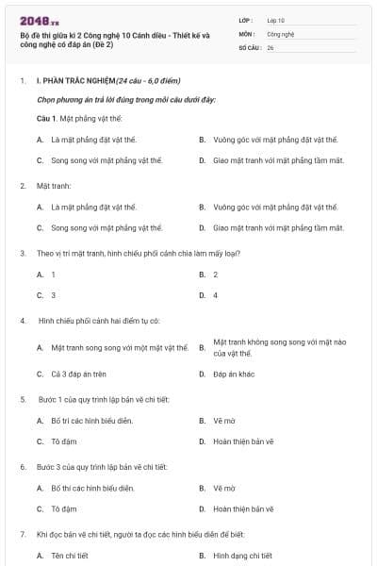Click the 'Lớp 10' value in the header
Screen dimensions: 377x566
[276, 19]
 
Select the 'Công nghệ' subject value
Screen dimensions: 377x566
[282, 32]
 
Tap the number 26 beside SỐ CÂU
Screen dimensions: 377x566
[270, 45]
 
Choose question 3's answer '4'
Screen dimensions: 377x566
[215, 295]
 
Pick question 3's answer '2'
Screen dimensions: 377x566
[215, 275]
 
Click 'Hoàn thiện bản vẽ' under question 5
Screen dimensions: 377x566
[242, 441]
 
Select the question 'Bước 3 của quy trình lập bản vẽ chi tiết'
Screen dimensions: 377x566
[101, 467]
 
